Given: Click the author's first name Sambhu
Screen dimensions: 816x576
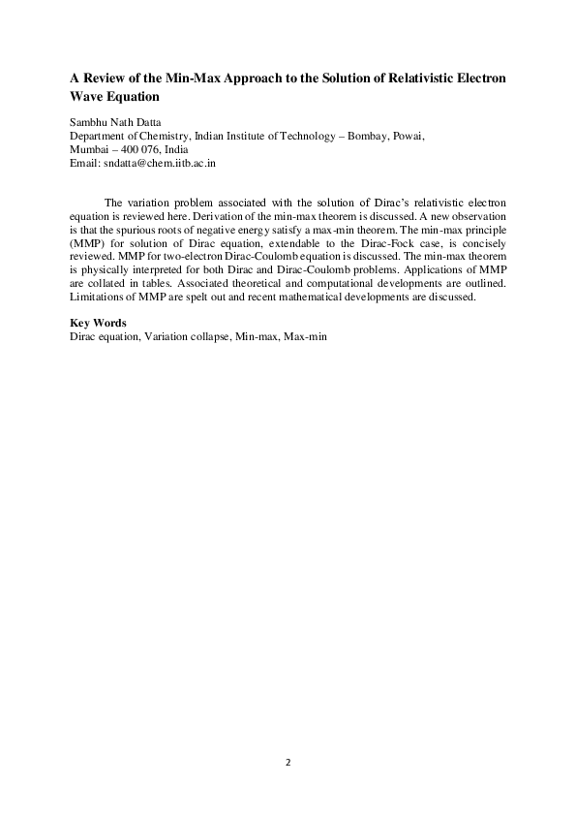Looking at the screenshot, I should point(89,123).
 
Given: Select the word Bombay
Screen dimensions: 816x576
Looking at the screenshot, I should point(360,137).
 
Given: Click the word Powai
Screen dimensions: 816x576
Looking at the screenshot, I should point(409,137).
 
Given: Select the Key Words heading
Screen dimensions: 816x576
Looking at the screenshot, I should point(98,323).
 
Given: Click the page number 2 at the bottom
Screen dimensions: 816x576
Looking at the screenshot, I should point(288,762).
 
